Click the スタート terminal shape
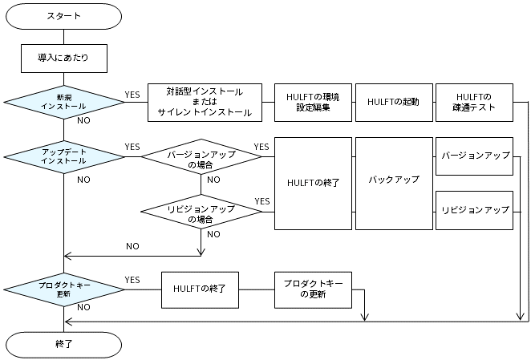pyautogui.click(x=63, y=15)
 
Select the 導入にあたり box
pyautogui.click(x=63, y=58)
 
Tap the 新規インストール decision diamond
pyautogui.click(x=63, y=102)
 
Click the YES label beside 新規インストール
pyautogui.click(x=132, y=95)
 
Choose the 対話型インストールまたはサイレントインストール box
pyautogui.click(x=205, y=102)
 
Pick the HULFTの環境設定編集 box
pyautogui.click(x=313, y=102)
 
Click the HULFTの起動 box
pyautogui.click(x=393, y=102)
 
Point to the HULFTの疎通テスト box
pyautogui.click(x=473, y=102)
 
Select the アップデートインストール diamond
pyautogui.click(x=63, y=156)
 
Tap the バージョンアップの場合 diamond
pyautogui.click(x=201, y=156)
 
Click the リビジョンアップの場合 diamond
pyautogui.click(x=201, y=212)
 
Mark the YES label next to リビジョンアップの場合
pyautogui.click(x=261, y=200)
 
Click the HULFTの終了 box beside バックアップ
pyautogui.click(x=313, y=184)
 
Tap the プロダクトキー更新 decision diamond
pyautogui.click(x=63, y=289)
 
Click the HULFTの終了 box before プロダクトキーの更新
pyautogui.click(x=202, y=289)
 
